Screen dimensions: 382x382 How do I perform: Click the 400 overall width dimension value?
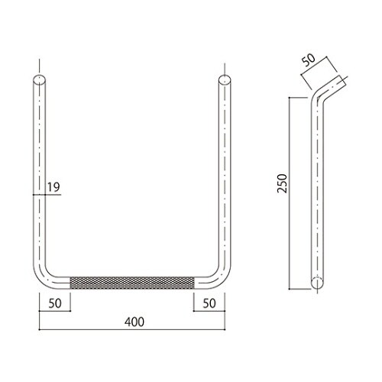tap(134, 322)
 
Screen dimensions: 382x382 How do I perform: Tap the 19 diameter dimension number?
tap(53, 187)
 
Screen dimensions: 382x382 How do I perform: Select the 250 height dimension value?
tap(282, 183)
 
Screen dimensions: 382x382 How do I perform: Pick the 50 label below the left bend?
tap(55, 303)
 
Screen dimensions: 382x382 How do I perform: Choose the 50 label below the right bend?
tap(209, 303)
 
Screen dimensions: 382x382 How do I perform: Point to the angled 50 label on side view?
tap(309, 60)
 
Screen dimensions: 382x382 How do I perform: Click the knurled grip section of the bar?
tap(132, 283)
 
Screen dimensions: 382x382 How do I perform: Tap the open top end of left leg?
tap(40, 79)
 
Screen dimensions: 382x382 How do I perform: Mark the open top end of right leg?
tap(225, 79)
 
